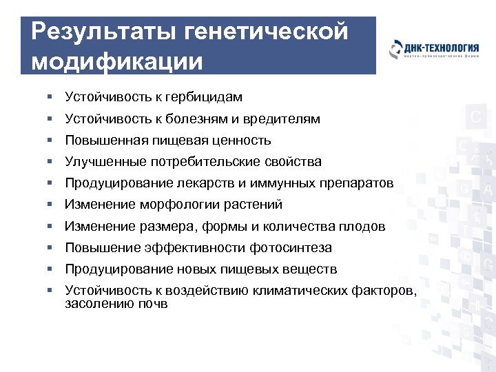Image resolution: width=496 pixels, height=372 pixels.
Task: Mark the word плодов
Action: [364, 226]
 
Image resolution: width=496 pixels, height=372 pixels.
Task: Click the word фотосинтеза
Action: [291, 247]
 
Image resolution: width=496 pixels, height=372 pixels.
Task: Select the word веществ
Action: [309, 269]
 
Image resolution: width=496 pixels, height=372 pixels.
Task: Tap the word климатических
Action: [309, 290]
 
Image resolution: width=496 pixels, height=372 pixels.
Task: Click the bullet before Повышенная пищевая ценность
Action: [51, 141]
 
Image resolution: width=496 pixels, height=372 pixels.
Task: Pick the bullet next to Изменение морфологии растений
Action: [51, 205]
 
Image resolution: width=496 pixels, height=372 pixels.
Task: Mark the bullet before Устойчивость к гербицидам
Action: [51, 98]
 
